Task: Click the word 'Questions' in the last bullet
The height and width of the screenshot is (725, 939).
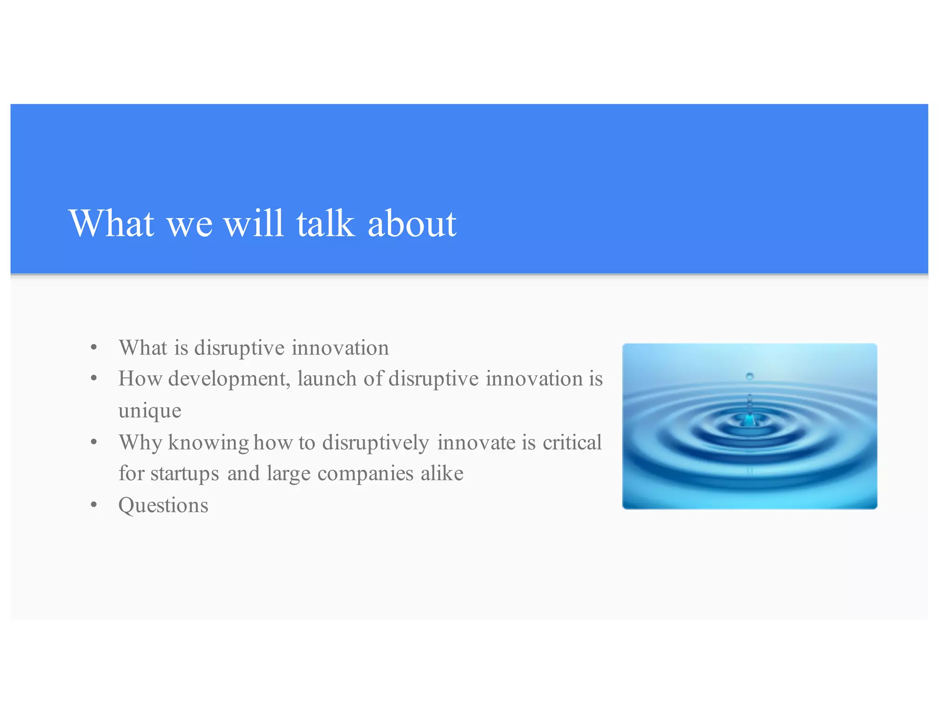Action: click(x=163, y=505)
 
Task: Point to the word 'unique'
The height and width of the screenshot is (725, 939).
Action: click(x=149, y=411)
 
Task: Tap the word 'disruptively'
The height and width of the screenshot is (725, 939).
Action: click(x=376, y=443)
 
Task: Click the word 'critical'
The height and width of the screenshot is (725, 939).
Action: click(x=572, y=443)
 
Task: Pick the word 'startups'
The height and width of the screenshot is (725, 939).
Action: click(x=184, y=474)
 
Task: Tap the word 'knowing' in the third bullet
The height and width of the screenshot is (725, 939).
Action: click(x=209, y=443)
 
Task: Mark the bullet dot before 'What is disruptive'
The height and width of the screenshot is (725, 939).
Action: click(x=94, y=348)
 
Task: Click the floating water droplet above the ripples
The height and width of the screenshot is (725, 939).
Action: click(x=750, y=376)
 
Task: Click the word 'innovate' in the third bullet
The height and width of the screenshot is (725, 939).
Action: click(x=476, y=443)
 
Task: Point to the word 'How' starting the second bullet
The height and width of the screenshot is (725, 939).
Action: click(x=140, y=379)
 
